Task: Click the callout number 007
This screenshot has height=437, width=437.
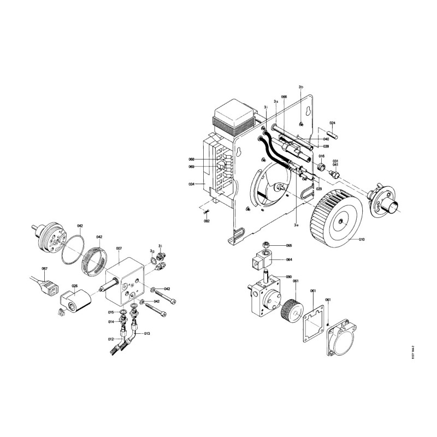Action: [x=119, y=249]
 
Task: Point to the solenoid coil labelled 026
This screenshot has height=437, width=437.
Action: [x=75, y=300]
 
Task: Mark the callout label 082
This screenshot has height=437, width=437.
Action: [x=206, y=221]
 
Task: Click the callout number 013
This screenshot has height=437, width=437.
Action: [x=147, y=333]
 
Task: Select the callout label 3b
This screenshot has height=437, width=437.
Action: [x=300, y=87]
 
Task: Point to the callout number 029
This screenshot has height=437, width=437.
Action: [x=318, y=188]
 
